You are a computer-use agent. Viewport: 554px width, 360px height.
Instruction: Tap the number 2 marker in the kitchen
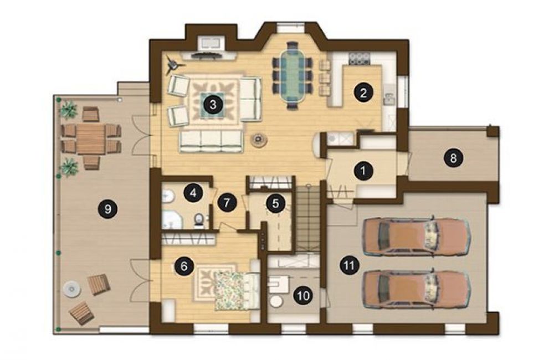363,93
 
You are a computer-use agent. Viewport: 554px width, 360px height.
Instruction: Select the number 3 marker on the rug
213,104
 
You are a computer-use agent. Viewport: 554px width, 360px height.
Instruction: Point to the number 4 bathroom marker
193,193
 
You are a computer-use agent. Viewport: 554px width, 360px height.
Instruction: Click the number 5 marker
275,203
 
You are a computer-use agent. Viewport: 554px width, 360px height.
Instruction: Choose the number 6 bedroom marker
184,266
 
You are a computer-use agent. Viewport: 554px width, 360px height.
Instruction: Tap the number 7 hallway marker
227,203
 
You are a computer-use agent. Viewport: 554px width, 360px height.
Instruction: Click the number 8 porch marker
453,158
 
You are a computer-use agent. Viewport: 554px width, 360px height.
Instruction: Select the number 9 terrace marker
108,209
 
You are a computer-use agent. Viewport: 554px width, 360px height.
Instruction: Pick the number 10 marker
304,295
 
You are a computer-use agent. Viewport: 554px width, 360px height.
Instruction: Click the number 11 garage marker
349,265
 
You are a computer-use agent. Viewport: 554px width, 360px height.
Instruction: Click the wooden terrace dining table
91,140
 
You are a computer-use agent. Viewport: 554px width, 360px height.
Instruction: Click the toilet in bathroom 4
199,219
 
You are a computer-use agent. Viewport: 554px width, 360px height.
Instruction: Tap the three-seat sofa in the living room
211,141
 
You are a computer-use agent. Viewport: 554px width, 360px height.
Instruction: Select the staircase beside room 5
307,218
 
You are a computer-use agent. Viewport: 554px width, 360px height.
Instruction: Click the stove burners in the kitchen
359,58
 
